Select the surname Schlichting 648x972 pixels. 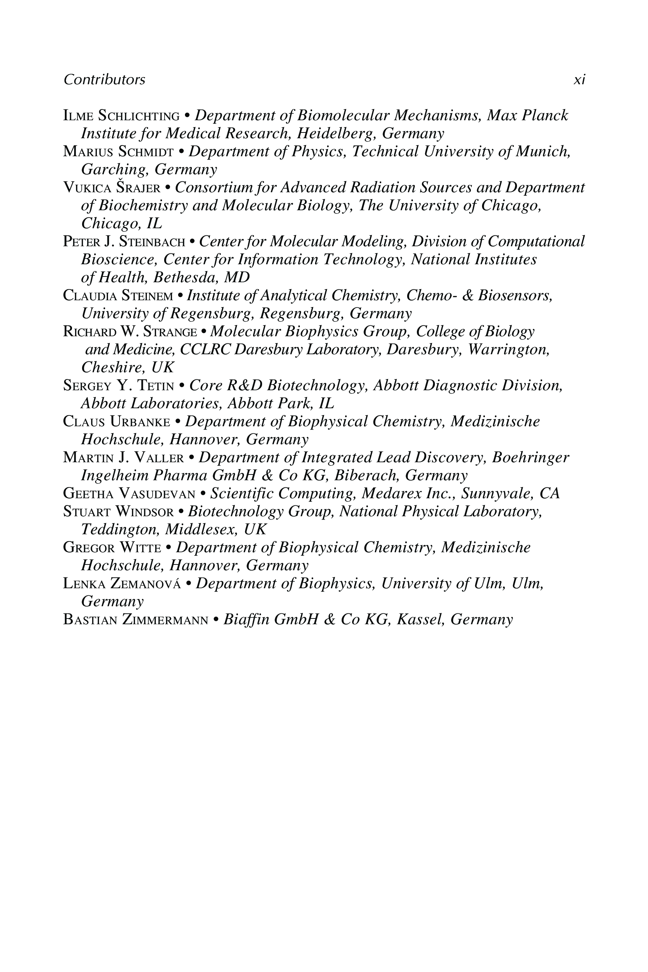pyautogui.click(x=139, y=116)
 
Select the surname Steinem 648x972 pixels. pyautogui.click(x=147, y=296)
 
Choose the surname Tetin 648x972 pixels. pyautogui.click(x=156, y=386)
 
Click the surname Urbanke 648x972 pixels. pyautogui.click(x=140, y=422)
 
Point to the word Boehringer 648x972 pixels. pyautogui.click(x=531, y=458)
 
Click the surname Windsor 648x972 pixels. pyautogui.click(x=145, y=512)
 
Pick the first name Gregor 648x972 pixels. pyautogui.click(x=89, y=548)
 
